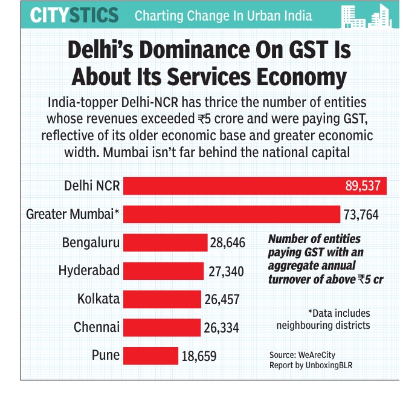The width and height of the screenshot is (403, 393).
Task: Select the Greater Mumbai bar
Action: coord(231,214)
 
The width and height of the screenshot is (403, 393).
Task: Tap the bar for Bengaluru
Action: coord(165,242)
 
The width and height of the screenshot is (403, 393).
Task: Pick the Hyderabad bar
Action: coord(163,270)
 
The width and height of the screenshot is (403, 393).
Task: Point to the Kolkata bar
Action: coord(162,299)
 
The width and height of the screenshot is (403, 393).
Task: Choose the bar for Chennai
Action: coord(161,327)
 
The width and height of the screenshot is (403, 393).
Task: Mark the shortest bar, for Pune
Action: coord(150,356)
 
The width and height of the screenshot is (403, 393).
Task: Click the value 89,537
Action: coord(363,186)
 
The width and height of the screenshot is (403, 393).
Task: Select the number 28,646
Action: coord(228,243)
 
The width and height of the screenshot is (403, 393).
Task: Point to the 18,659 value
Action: coord(199,356)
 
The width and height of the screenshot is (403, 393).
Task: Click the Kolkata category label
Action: coord(98,299)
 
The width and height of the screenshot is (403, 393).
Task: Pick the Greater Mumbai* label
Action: coord(73,214)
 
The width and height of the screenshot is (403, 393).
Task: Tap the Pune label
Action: coord(106,356)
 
